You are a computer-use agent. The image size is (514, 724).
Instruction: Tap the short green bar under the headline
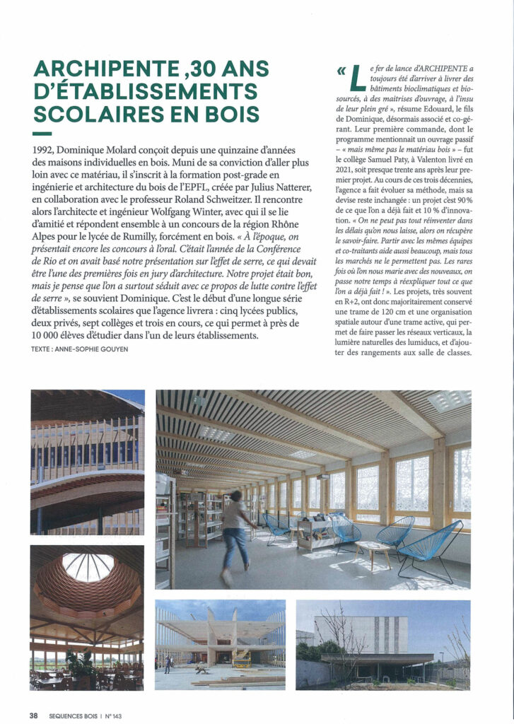(x=42, y=134)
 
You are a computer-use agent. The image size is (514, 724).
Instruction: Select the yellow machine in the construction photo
(x=242, y=658)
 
